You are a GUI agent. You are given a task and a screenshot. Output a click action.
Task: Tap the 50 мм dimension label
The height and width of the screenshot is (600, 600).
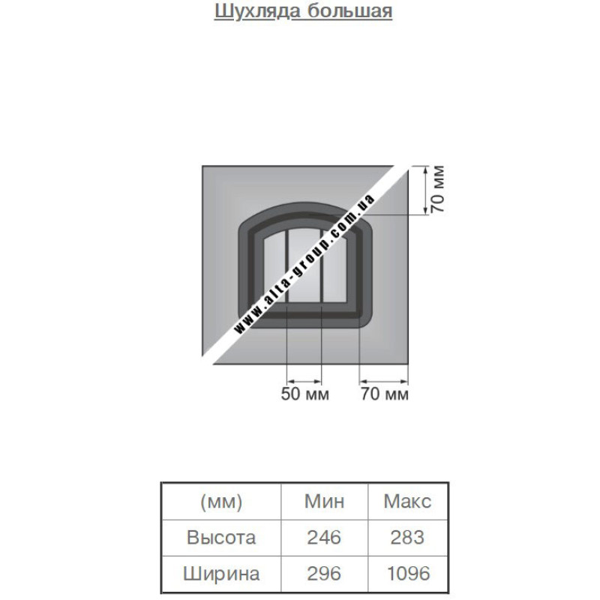pos(305,394)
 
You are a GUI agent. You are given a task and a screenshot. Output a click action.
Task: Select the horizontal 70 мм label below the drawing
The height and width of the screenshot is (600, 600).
pos(385,394)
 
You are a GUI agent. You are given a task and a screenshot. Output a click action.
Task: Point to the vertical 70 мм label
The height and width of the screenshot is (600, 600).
pos(438,189)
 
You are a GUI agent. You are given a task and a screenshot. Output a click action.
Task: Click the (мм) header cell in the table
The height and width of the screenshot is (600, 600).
pos(221,502)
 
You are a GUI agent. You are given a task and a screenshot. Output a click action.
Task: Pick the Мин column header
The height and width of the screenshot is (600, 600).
pos(324,501)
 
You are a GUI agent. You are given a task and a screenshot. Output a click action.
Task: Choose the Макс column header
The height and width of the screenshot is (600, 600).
pos(407,501)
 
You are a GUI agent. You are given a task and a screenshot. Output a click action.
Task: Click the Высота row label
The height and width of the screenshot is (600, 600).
pos(221,537)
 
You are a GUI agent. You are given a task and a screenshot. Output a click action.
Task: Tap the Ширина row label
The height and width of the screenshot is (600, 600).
pos(221,573)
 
